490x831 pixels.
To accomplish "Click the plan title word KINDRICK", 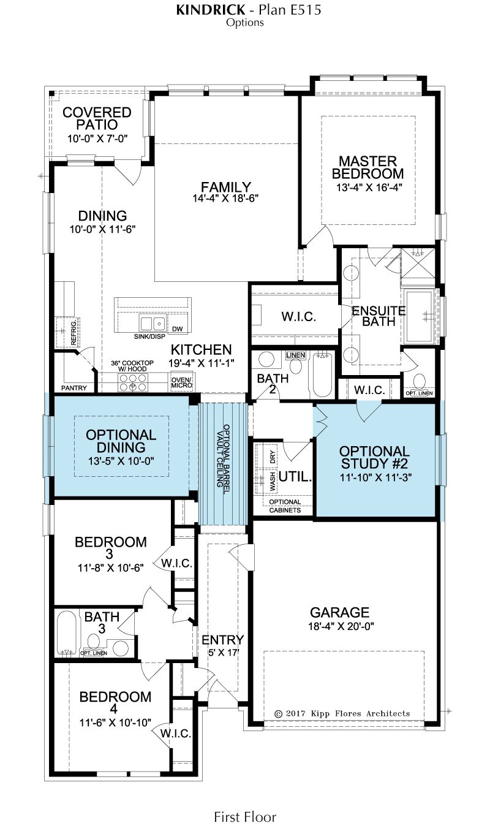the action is click(210, 10).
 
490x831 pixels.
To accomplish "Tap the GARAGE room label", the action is click(339, 612).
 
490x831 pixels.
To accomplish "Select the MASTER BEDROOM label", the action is click(367, 167).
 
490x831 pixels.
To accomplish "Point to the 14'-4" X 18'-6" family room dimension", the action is click(225, 199).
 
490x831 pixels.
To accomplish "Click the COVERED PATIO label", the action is click(97, 118).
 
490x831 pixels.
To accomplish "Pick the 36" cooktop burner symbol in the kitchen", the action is click(133, 382).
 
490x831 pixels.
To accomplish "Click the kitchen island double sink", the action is click(153, 324).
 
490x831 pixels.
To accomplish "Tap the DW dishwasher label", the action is click(177, 328).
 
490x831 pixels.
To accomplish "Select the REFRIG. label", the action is click(73, 333).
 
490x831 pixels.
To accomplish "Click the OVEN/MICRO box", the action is click(182, 382).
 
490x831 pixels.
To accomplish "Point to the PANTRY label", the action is click(74, 388).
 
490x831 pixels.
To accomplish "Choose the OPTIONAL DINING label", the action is click(121, 441).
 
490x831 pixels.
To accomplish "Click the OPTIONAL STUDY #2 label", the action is click(374, 457).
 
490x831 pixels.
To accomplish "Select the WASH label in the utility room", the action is click(273, 482).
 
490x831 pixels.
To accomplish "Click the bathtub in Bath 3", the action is click(67, 633).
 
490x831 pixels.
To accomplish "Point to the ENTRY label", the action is click(223, 640).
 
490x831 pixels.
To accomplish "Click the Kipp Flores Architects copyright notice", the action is click(342, 713).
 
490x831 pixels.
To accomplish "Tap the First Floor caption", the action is click(245, 817).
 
